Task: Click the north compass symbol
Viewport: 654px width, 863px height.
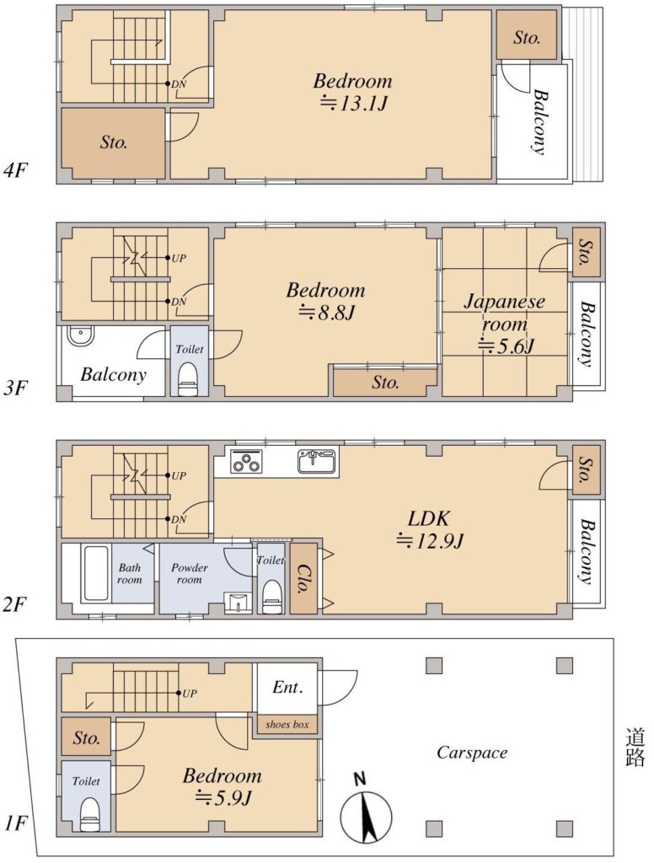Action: coord(366,810)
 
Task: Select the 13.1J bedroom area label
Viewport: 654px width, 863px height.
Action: coord(353,92)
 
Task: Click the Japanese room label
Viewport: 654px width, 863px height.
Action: coord(504,312)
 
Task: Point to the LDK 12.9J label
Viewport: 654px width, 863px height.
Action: coord(430,530)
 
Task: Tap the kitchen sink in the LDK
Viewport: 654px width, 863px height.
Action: coord(317,461)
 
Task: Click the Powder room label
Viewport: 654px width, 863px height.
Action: coord(190,573)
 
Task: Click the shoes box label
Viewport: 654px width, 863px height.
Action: coord(287,724)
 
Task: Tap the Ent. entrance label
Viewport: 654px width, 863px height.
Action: coord(288,687)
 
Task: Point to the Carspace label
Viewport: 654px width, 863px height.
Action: coord(472,753)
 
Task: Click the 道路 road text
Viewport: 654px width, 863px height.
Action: coord(635,747)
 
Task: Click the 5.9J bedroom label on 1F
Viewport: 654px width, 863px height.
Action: coord(222,786)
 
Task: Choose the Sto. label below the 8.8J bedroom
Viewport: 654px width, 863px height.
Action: coord(385,382)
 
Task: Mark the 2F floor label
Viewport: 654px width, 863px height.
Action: coord(15,605)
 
